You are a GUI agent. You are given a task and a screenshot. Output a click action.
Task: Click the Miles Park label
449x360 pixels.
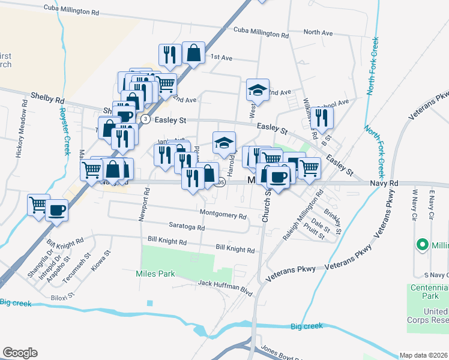coord(154,274)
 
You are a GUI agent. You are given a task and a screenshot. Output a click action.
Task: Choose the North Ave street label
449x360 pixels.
coord(318,32)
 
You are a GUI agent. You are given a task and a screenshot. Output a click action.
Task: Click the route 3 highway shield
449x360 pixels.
coord(145,119)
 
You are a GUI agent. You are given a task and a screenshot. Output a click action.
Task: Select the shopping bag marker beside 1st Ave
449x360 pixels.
coord(193,52)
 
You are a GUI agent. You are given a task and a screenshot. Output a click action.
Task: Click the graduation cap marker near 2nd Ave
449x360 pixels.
coord(258,90)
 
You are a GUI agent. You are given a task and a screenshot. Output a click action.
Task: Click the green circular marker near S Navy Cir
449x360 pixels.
coord(423,245)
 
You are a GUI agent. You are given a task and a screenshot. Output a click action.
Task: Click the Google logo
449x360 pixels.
coord(20,352)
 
